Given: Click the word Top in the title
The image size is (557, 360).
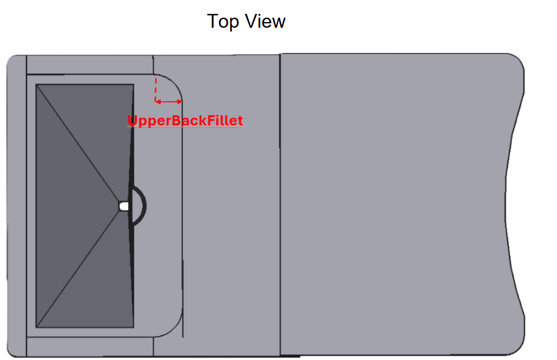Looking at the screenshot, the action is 223,21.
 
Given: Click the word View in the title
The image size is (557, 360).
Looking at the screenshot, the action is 266,21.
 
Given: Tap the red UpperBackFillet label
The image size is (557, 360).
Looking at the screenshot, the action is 185,120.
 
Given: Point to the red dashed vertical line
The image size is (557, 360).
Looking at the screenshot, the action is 156,90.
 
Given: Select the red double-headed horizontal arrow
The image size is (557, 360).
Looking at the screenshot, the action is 168,102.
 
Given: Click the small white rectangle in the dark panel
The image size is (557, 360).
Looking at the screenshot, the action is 124,206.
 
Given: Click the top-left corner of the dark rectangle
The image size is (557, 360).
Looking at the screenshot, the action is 36,84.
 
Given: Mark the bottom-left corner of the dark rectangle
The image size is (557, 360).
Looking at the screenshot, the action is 36,327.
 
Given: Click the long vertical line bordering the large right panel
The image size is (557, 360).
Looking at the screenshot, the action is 280,204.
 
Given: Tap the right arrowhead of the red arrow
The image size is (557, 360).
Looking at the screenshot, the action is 180,102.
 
